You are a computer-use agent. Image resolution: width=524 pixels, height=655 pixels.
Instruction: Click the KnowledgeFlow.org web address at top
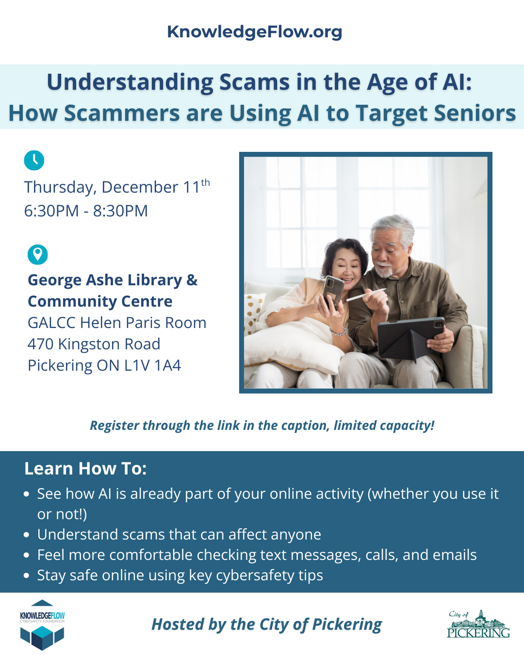(x=255, y=32)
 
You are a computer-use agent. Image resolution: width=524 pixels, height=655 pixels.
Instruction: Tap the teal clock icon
(x=34, y=160)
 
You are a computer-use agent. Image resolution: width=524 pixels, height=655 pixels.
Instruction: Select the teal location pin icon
(x=37, y=254)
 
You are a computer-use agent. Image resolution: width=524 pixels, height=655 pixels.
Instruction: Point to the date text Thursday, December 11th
(x=117, y=186)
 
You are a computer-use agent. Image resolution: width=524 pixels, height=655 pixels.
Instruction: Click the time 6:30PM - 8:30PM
(x=86, y=211)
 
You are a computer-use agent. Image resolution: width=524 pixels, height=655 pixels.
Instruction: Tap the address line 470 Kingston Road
(x=94, y=344)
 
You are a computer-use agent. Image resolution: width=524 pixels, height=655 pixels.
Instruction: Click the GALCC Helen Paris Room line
(x=117, y=323)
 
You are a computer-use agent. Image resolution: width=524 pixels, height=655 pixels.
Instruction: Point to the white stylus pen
(x=366, y=295)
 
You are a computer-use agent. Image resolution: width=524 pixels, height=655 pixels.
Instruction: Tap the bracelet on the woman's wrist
(x=338, y=331)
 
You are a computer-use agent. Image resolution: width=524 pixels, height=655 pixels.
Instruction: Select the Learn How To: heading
(x=85, y=468)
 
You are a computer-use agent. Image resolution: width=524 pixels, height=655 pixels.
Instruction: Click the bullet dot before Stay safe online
(x=27, y=575)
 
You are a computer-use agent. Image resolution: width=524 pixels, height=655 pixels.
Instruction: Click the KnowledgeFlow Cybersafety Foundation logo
(x=42, y=625)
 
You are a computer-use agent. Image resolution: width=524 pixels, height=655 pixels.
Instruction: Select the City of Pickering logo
(x=478, y=623)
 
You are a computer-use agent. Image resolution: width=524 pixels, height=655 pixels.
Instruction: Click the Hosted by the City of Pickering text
(x=267, y=624)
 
